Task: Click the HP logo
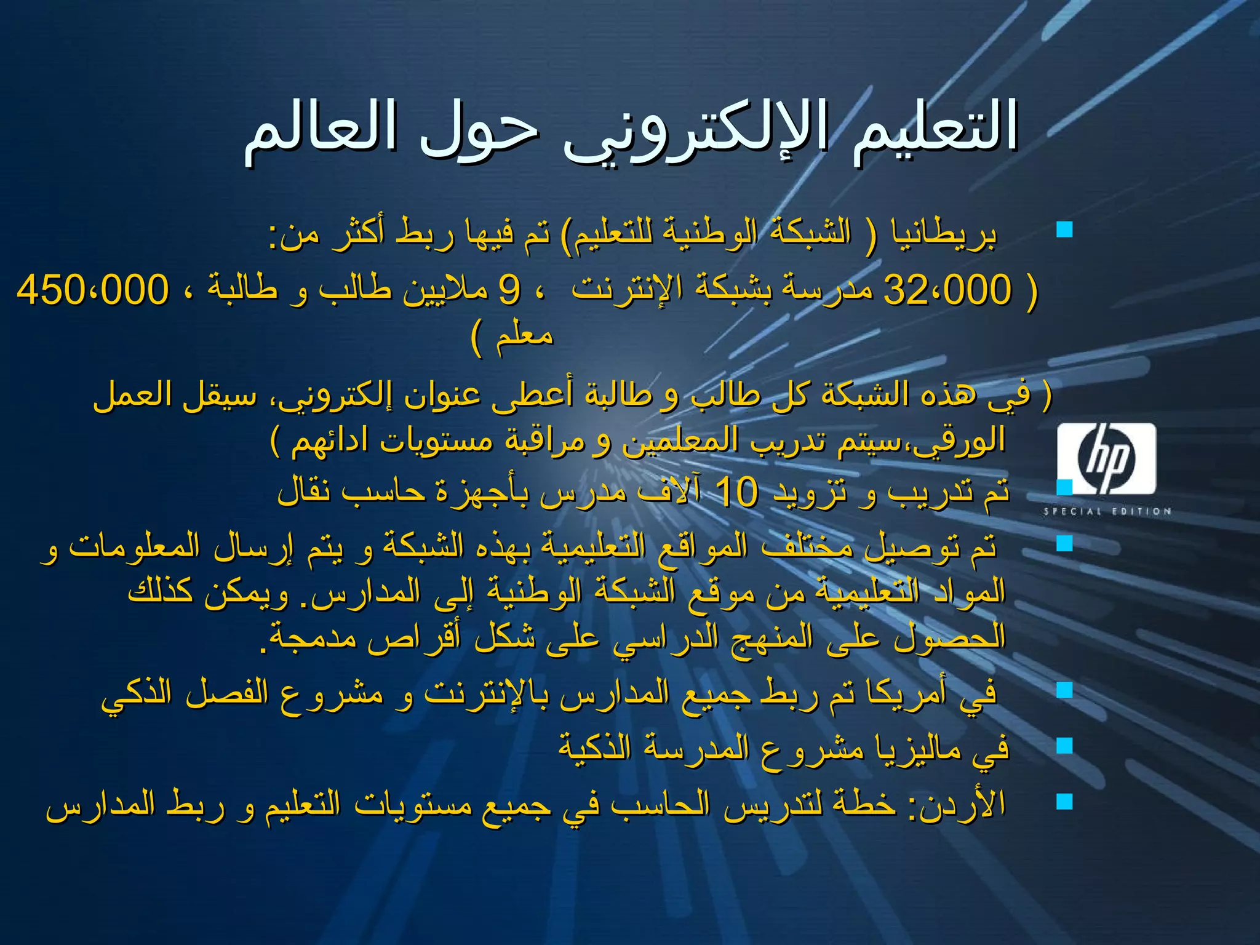coord(1106,458)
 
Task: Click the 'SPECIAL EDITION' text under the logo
coord(1106,511)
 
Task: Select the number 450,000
coord(92,290)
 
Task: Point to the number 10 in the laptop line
coord(737,492)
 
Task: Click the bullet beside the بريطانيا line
coord(1064,230)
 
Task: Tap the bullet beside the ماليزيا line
coord(1064,746)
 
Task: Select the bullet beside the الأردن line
coord(1064,801)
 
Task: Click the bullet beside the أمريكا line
coord(1064,690)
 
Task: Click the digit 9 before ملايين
coord(509,290)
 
